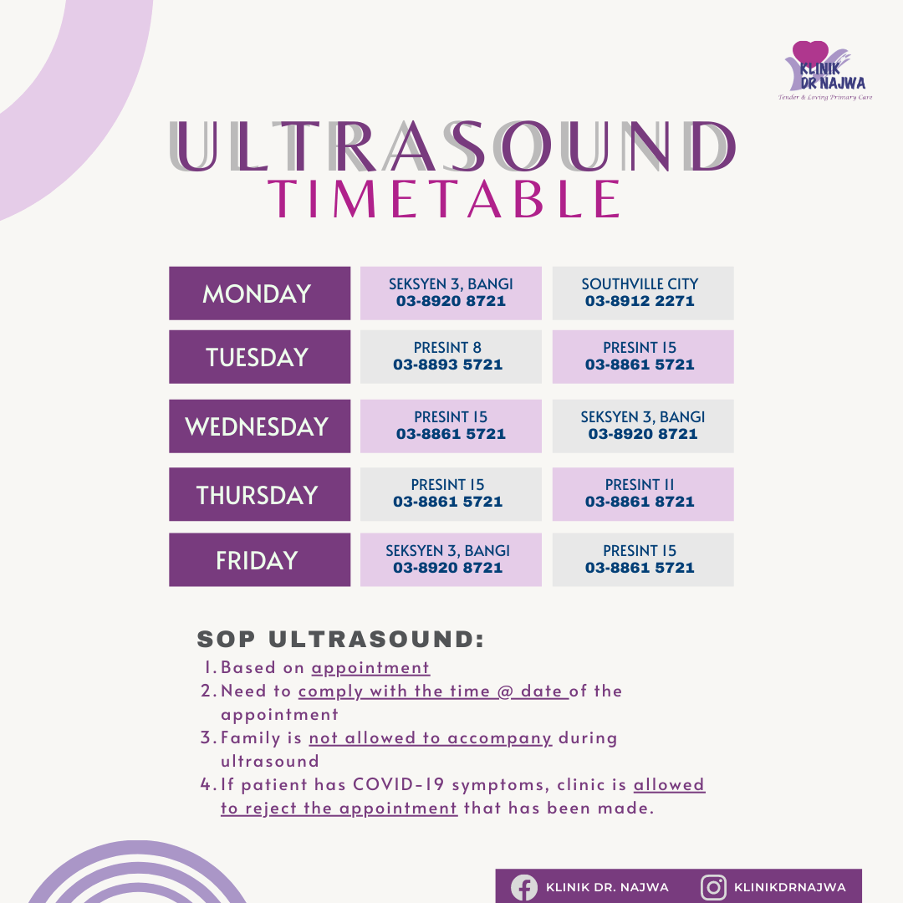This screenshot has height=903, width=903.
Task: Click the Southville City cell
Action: click(x=642, y=293)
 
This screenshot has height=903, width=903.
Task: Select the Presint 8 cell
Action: click(x=451, y=356)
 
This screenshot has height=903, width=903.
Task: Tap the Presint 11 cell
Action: click(x=642, y=494)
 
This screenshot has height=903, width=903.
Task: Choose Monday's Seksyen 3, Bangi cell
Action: click(x=451, y=293)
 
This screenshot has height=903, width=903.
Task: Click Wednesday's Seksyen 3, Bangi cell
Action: click(x=642, y=426)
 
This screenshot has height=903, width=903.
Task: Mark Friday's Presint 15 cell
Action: click(x=642, y=559)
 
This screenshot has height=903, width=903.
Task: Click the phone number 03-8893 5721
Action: click(x=448, y=365)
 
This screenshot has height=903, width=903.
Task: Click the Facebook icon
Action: click(x=524, y=887)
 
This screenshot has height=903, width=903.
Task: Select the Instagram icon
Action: click(x=713, y=887)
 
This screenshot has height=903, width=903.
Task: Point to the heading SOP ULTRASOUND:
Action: click(x=340, y=640)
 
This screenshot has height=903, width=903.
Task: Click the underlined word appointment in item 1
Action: click(x=370, y=668)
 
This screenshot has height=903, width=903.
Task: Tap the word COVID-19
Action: click(x=404, y=785)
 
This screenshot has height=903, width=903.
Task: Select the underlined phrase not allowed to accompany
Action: click(x=430, y=738)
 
